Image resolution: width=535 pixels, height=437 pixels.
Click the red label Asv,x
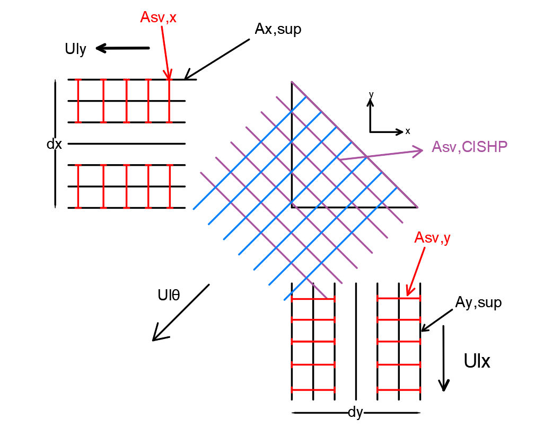158,17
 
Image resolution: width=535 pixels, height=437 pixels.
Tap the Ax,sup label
278,30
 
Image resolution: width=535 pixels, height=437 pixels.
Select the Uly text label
75,49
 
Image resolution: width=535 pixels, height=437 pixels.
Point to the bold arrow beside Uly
122,49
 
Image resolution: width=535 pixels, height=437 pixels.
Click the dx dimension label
54,144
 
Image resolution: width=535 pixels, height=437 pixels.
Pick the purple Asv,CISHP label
469,147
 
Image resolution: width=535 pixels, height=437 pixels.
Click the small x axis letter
407,131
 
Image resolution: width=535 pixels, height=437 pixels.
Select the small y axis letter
371,94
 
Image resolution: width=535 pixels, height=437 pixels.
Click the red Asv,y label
432,238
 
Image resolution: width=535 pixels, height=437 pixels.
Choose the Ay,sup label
478,302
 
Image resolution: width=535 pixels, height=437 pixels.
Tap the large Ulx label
477,361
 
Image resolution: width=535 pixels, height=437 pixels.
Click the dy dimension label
355,412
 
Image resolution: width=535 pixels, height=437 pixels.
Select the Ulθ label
169,295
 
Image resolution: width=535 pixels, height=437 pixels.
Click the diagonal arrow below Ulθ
180,313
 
